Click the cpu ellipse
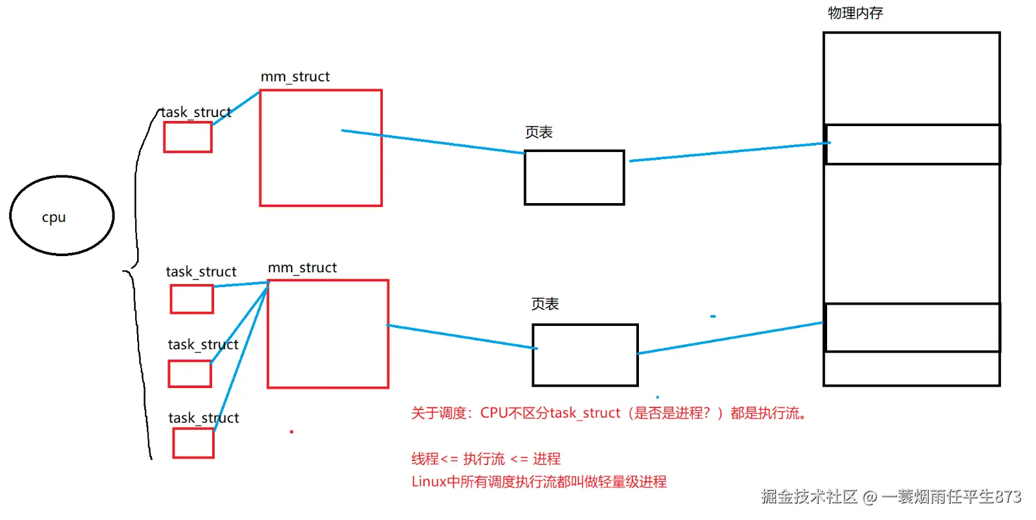(62, 215)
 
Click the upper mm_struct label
(295, 77)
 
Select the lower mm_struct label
(302, 268)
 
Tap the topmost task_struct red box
(188, 137)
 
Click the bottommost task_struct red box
(193, 443)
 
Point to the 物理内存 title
(855, 13)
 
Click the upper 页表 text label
(539, 133)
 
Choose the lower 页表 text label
(545, 304)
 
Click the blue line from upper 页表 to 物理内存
(724, 152)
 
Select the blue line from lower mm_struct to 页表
(462, 337)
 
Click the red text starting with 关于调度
(608, 413)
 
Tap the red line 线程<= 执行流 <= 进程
(486, 459)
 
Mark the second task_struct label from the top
(201, 272)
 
